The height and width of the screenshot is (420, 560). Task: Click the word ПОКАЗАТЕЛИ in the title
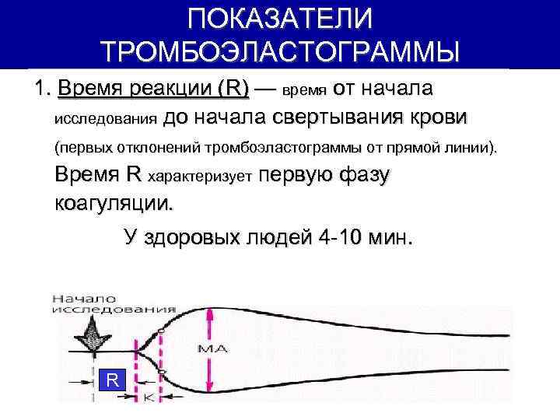280,19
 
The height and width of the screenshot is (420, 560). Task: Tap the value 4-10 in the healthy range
341,237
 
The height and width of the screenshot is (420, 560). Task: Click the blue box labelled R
113,380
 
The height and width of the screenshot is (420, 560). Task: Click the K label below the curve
149,397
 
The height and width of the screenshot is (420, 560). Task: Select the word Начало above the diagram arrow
84,298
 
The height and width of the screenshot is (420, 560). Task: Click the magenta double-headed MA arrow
208,350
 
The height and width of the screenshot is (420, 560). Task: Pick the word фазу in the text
364,175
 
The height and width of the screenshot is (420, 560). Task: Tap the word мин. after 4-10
388,237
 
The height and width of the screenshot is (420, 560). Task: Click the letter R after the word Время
134,175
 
